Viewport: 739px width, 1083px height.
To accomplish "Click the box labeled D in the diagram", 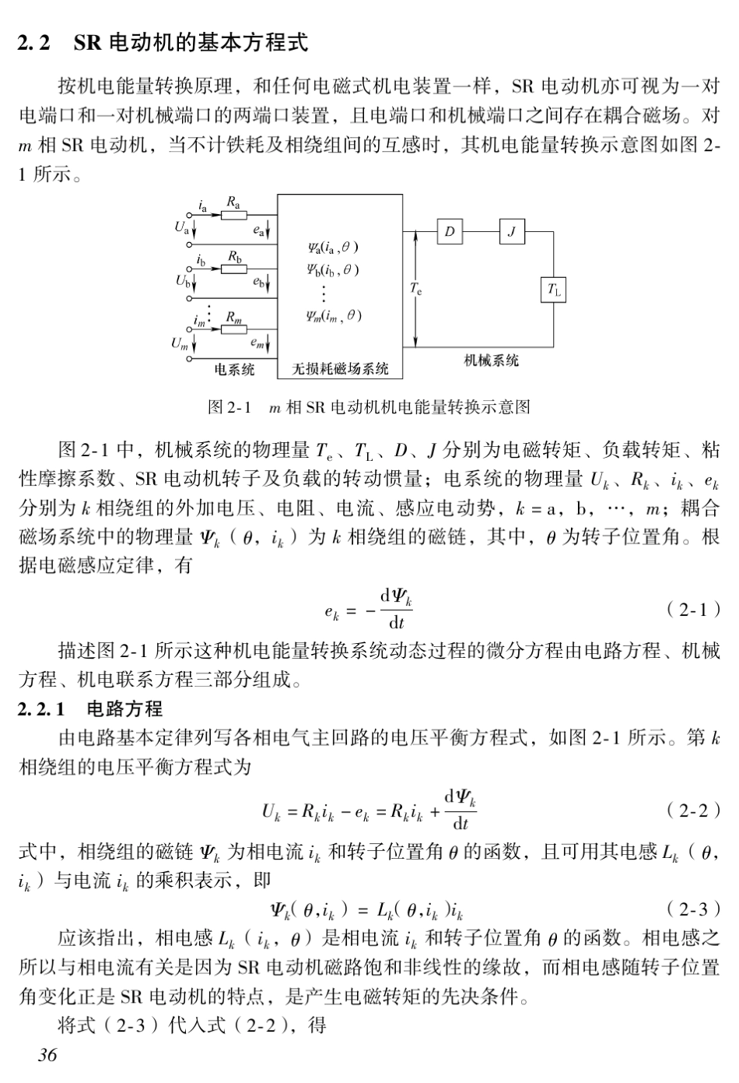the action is tap(449, 231).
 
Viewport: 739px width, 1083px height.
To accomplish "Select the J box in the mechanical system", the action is tap(511, 231).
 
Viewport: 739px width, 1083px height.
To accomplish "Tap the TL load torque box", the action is tap(553, 290).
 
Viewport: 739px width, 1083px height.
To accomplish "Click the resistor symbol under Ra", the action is tap(233, 216).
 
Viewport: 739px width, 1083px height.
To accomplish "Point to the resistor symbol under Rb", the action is tap(233, 268).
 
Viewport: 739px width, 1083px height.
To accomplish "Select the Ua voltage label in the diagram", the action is tap(181, 229).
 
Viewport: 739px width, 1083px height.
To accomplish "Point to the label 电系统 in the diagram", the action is tap(234, 369).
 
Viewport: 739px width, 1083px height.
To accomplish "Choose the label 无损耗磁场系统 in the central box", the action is tap(340, 369).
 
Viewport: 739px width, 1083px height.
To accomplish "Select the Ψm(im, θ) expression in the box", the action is tap(333, 316).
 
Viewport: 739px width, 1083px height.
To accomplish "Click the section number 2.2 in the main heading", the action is tap(34, 43).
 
